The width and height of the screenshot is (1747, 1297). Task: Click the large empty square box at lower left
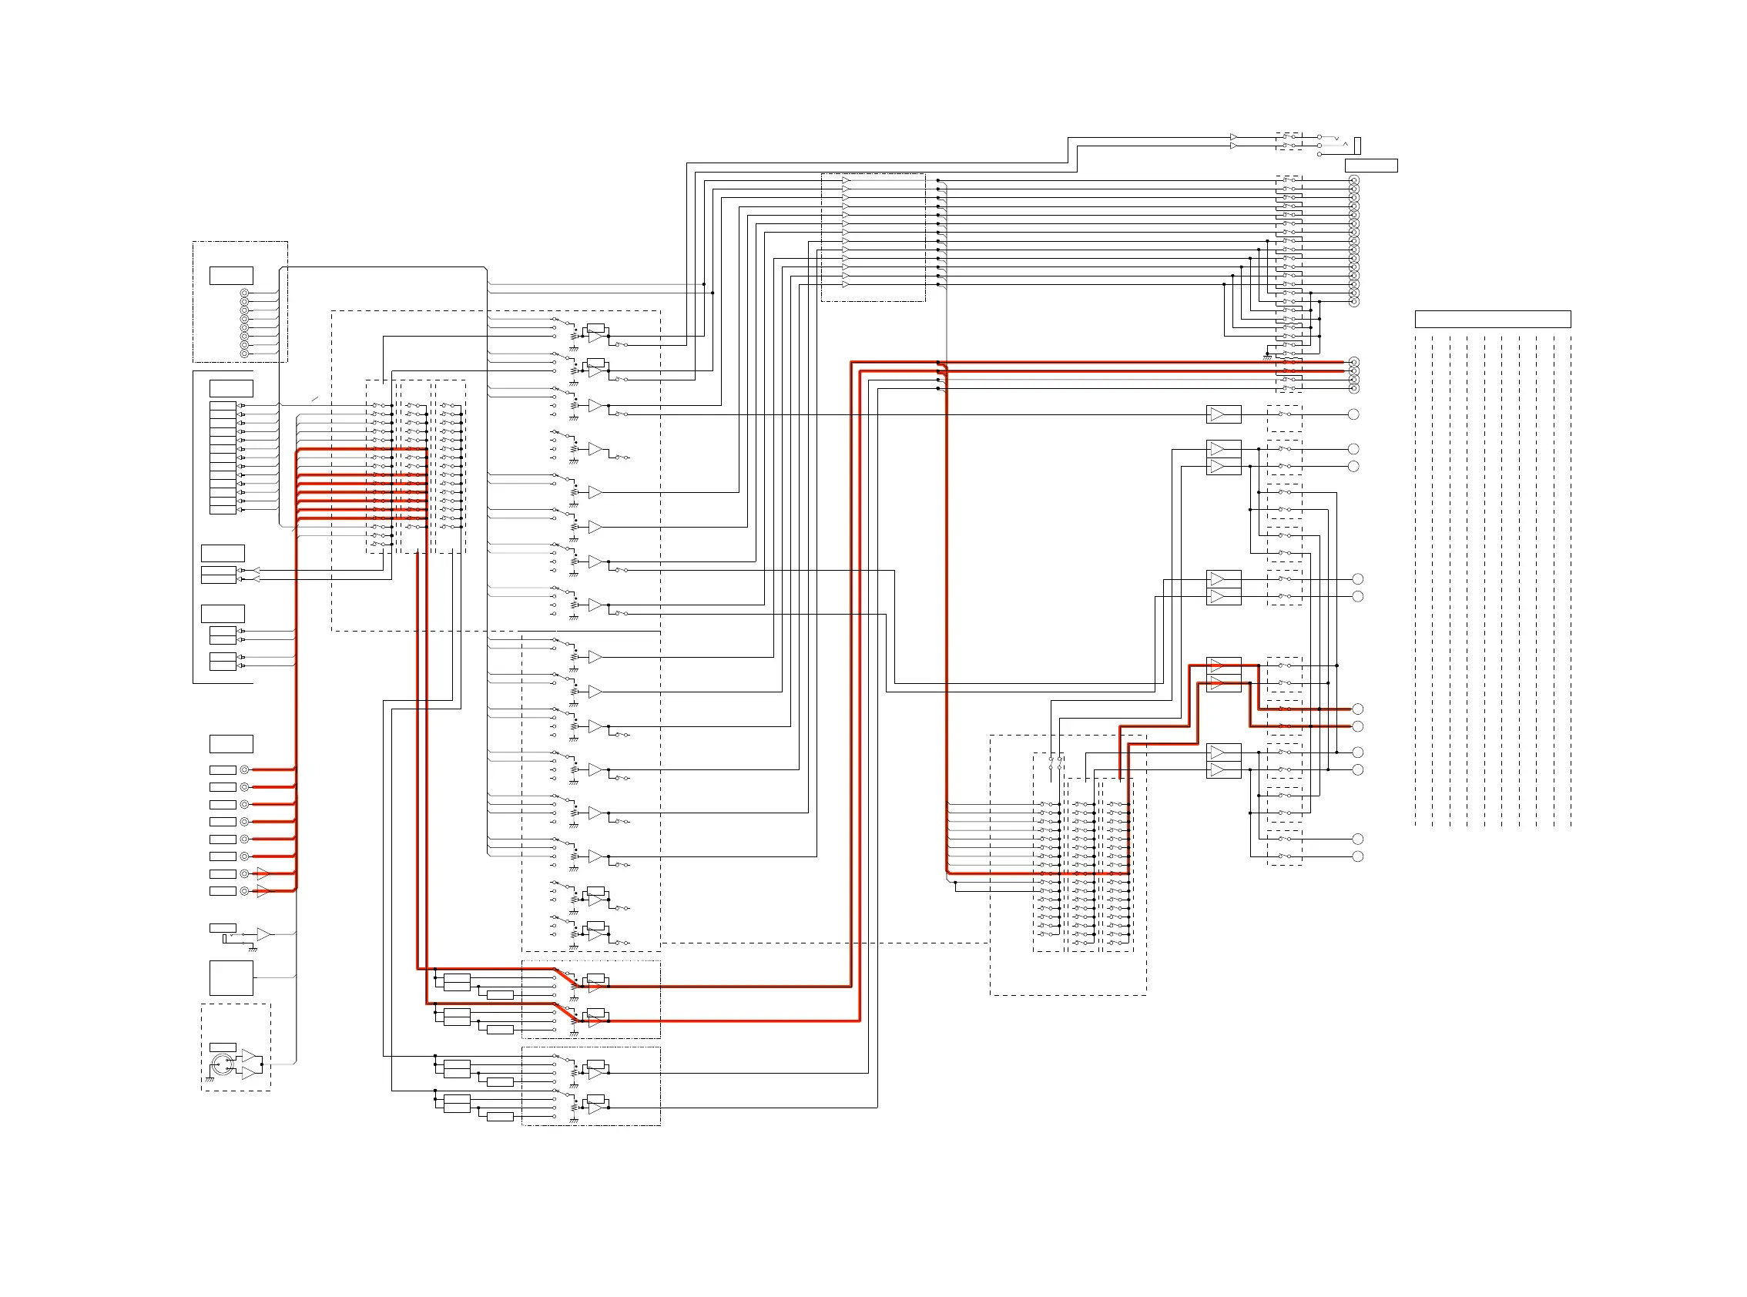(x=231, y=977)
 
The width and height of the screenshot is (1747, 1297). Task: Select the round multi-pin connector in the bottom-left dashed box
(x=222, y=1065)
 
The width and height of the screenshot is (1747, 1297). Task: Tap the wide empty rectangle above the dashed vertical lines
(x=1492, y=319)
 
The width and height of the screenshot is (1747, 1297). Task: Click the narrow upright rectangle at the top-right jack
(x=1357, y=146)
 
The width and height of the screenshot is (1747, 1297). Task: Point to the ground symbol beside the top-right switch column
(x=1266, y=357)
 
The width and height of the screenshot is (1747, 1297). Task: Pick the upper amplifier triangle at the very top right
(x=1233, y=137)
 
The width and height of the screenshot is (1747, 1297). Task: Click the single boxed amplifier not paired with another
(x=1223, y=414)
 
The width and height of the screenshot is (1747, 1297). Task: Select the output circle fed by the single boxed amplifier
(x=1353, y=414)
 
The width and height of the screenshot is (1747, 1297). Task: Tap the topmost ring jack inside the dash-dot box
(x=244, y=293)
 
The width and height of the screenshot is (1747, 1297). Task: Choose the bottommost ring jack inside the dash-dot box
(x=244, y=354)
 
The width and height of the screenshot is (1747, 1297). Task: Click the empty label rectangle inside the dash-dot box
(x=231, y=275)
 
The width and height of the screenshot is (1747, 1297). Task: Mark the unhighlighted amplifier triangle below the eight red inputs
(x=263, y=934)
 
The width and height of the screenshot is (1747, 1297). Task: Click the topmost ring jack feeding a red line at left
(x=244, y=769)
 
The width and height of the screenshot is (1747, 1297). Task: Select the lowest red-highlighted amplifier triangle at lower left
(x=262, y=891)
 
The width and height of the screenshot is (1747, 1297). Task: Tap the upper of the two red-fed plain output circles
(x=1357, y=709)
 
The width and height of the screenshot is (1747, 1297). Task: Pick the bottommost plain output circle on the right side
(x=1357, y=856)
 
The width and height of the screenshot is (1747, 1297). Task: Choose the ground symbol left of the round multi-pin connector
(x=210, y=1079)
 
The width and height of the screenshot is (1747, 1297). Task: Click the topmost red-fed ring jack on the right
(x=1353, y=362)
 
